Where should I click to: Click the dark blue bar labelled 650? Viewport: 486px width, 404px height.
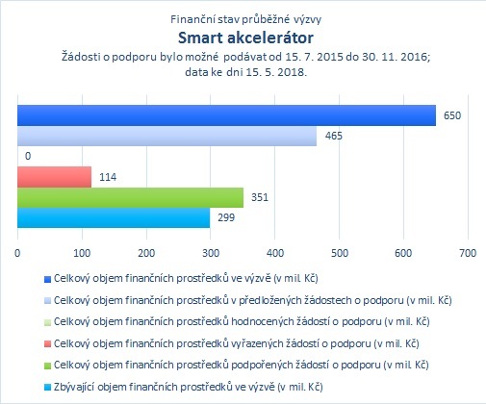[x=226, y=115]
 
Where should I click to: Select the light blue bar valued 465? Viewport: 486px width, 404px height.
[x=166, y=136]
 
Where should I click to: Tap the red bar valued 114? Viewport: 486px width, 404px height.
[x=54, y=177]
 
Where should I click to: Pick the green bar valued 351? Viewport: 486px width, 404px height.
[x=130, y=197]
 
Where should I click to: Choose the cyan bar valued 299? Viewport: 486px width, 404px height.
[x=114, y=217]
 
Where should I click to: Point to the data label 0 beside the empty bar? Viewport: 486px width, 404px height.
[x=28, y=156]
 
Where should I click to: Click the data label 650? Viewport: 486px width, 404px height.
[x=452, y=115]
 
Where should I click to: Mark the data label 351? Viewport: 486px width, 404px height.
[x=260, y=197]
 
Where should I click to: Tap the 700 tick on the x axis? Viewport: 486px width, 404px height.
[x=468, y=253]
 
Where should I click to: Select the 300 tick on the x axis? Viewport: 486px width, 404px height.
[x=211, y=253]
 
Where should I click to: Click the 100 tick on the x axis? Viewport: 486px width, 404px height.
[x=82, y=253]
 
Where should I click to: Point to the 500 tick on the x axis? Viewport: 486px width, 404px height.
[x=340, y=253]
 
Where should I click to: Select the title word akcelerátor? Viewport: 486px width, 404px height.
[x=270, y=38]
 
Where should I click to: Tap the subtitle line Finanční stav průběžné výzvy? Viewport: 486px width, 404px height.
[x=246, y=19]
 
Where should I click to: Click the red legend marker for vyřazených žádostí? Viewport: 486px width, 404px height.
[x=47, y=344]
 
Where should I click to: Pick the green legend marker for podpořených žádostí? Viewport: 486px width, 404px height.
[x=47, y=366]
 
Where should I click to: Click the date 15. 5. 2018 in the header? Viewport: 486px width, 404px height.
[x=276, y=72]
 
